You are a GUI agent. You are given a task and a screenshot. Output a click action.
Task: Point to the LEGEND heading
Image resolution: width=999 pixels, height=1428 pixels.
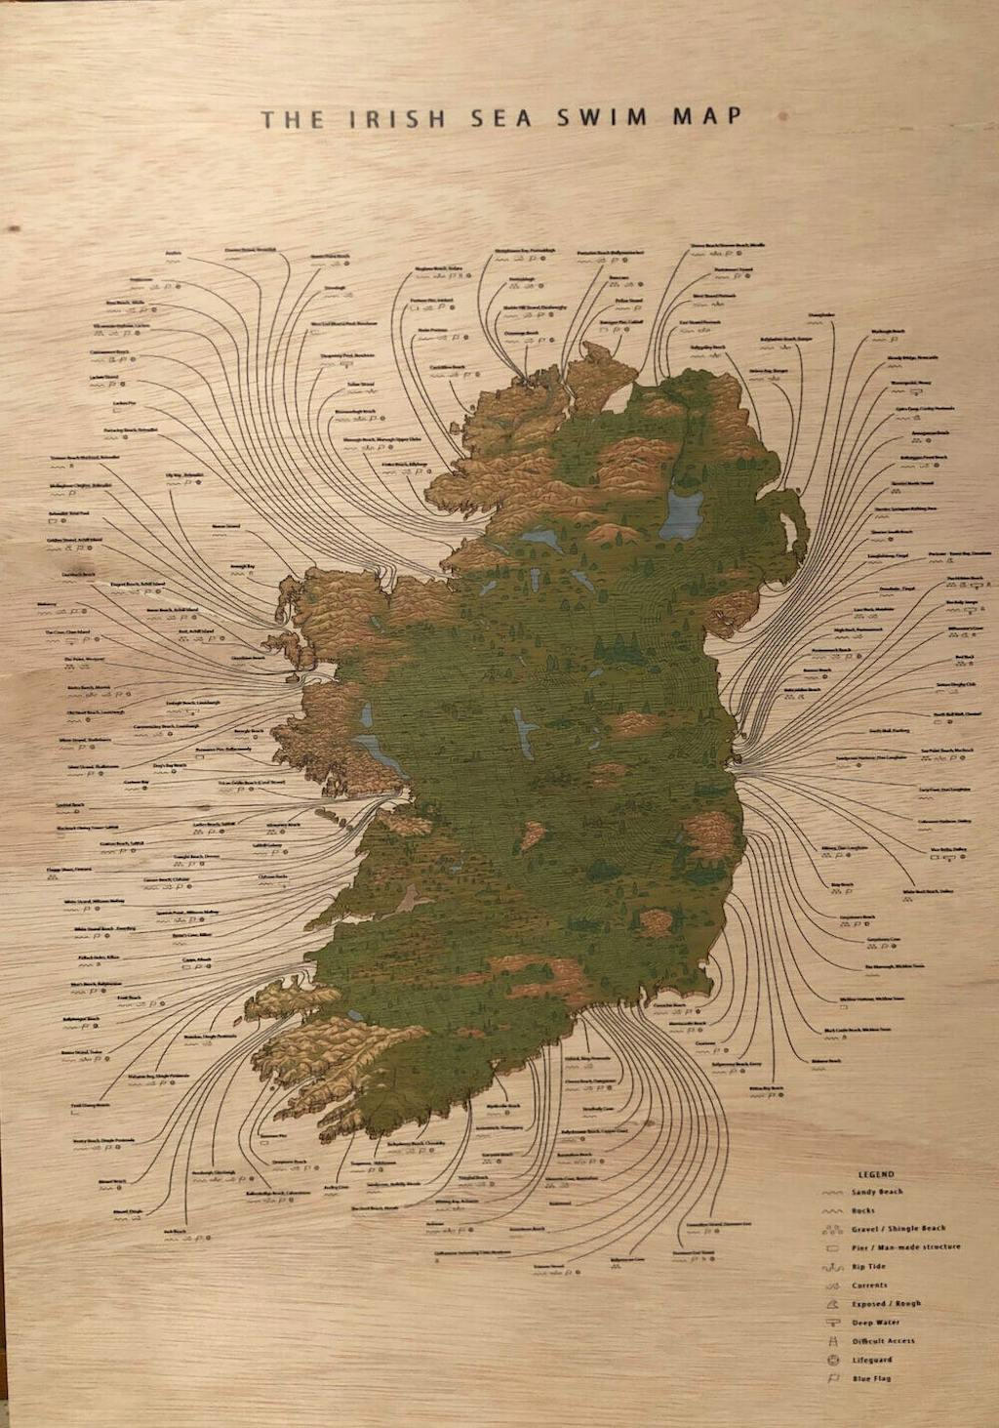tap(875, 1174)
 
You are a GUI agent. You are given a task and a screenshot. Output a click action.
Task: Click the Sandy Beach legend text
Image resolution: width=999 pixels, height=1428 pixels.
tap(877, 1192)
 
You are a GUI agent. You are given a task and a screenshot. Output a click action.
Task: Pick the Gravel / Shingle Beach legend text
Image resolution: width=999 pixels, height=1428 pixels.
tap(899, 1229)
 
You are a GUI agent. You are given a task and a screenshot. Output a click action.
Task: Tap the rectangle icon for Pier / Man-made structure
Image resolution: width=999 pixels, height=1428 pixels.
tap(832, 1248)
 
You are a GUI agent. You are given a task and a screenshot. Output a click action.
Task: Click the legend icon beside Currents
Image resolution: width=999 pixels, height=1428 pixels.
tap(832, 1285)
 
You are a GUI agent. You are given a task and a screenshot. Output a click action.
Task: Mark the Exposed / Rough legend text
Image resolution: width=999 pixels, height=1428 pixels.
tap(886, 1303)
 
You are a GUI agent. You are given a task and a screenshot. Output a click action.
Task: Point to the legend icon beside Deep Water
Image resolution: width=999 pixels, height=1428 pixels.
tap(832, 1323)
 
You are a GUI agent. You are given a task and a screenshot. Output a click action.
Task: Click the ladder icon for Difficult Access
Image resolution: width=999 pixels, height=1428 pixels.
tap(832, 1341)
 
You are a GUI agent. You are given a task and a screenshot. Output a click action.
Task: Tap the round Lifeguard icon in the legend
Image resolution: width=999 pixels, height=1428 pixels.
tap(832, 1360)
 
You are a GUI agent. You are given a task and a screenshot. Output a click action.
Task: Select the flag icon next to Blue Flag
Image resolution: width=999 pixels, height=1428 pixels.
tap(832, 1378)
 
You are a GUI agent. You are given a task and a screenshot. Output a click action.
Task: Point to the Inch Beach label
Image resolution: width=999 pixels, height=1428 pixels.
tap(176, 1231)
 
